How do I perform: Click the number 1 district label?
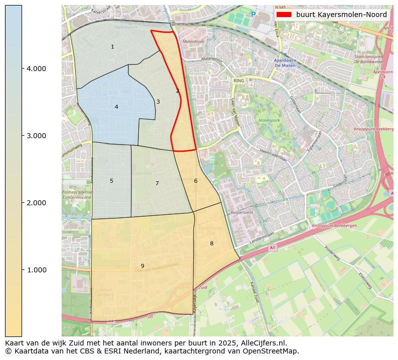[112, 47]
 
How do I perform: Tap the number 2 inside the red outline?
[177, 91]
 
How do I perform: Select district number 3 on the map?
[158, 102]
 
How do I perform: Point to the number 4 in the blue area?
[116, 107]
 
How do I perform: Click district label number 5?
[111, 181]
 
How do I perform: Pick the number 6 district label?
[195, 181]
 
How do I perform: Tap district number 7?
[157, 184]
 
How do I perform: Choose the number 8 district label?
[212, 244]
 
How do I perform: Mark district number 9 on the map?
[142, 266]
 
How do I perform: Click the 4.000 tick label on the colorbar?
[36, 69]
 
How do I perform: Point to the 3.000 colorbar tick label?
[36, 136]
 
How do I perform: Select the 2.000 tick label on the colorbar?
[36, 203]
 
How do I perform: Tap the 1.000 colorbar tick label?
[36, 270]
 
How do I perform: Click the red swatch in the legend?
[284, 15]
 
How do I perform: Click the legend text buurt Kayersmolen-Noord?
[341, 15]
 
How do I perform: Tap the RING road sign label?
[239, 80]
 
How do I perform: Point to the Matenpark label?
[269, 121]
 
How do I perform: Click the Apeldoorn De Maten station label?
[287, 64]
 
